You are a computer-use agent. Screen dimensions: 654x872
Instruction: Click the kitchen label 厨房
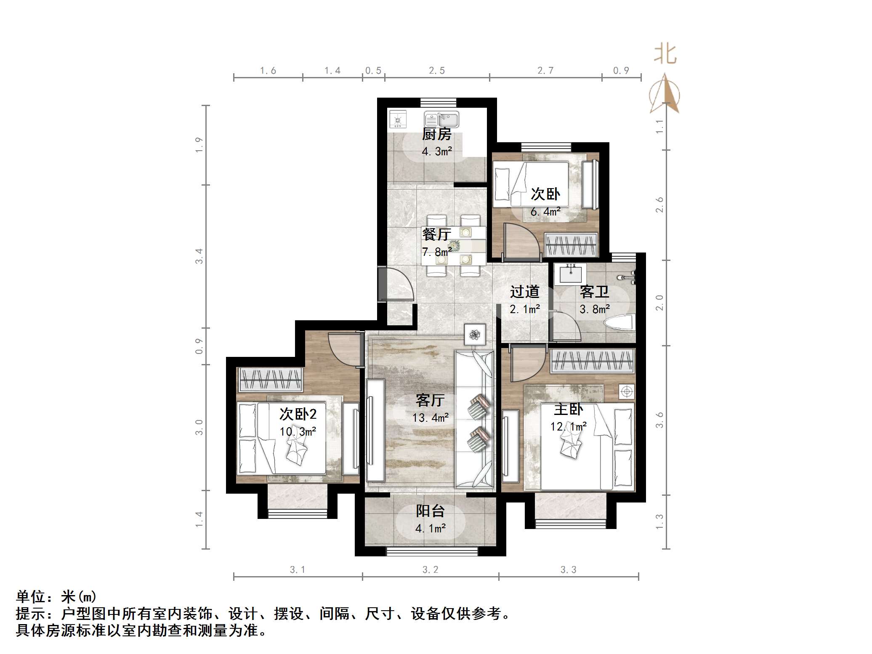(436, 134)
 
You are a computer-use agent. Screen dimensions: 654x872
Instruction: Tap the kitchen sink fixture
(441, 120)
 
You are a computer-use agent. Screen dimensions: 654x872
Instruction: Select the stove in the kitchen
(398, 120)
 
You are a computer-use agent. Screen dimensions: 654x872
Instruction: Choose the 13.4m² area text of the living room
(430, 418)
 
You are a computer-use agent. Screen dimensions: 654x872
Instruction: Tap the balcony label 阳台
(430, 511)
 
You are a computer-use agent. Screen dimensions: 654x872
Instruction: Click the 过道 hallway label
(524, 291)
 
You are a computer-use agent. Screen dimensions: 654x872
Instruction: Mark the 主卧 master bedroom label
(568, 409)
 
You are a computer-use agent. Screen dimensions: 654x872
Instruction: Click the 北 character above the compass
(665, 55)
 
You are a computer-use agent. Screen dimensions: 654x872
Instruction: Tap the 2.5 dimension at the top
(437, 71)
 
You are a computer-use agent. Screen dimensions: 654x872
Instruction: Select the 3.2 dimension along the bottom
(430, 570)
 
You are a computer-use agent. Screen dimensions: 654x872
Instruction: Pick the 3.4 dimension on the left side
(199, 256)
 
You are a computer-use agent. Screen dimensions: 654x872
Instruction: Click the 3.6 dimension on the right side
(659, 420)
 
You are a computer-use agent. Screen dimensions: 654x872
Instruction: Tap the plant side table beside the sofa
(475, 335)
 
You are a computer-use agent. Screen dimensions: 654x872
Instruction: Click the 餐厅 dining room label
(436, 234)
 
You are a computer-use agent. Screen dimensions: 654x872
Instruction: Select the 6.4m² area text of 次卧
(545, 212)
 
